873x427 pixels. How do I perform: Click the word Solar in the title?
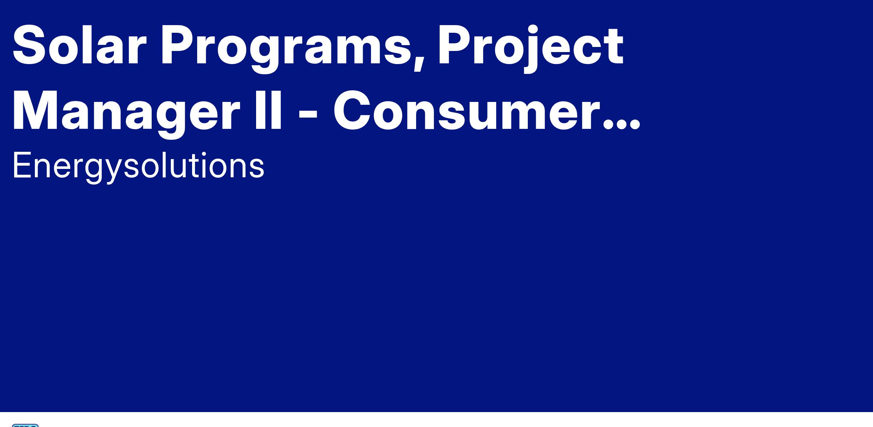point(79,46)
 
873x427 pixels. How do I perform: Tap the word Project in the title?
point(531,49)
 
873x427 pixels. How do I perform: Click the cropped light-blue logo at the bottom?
point(25,425)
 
